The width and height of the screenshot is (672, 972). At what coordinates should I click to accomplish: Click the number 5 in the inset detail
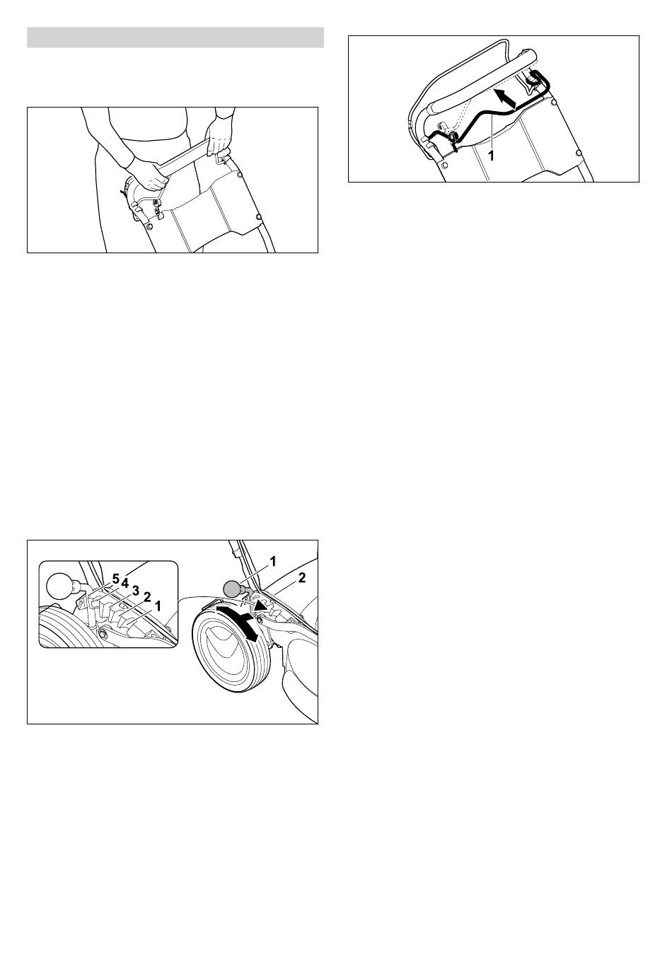(115, 578)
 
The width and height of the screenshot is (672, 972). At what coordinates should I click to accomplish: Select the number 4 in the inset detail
(125, 583)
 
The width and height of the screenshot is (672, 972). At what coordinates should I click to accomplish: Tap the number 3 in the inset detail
(135, 590)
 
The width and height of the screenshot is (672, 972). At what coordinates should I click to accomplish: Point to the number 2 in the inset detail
(147, 597)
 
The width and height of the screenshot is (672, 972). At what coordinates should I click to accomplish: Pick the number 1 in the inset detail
(158, 606)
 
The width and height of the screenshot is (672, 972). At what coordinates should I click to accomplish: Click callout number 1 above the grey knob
(273, 562)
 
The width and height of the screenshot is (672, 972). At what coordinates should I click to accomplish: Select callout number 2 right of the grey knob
(302, 577)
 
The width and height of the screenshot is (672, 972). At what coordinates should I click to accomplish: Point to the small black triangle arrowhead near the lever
(260, 606)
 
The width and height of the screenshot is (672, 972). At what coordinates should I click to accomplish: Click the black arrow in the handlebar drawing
(506, 98)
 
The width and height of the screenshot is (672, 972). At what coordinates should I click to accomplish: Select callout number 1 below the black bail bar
(491, 156)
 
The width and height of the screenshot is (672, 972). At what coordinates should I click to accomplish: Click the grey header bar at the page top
(175, 37)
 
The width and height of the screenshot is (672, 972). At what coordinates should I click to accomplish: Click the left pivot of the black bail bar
(453, 137)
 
